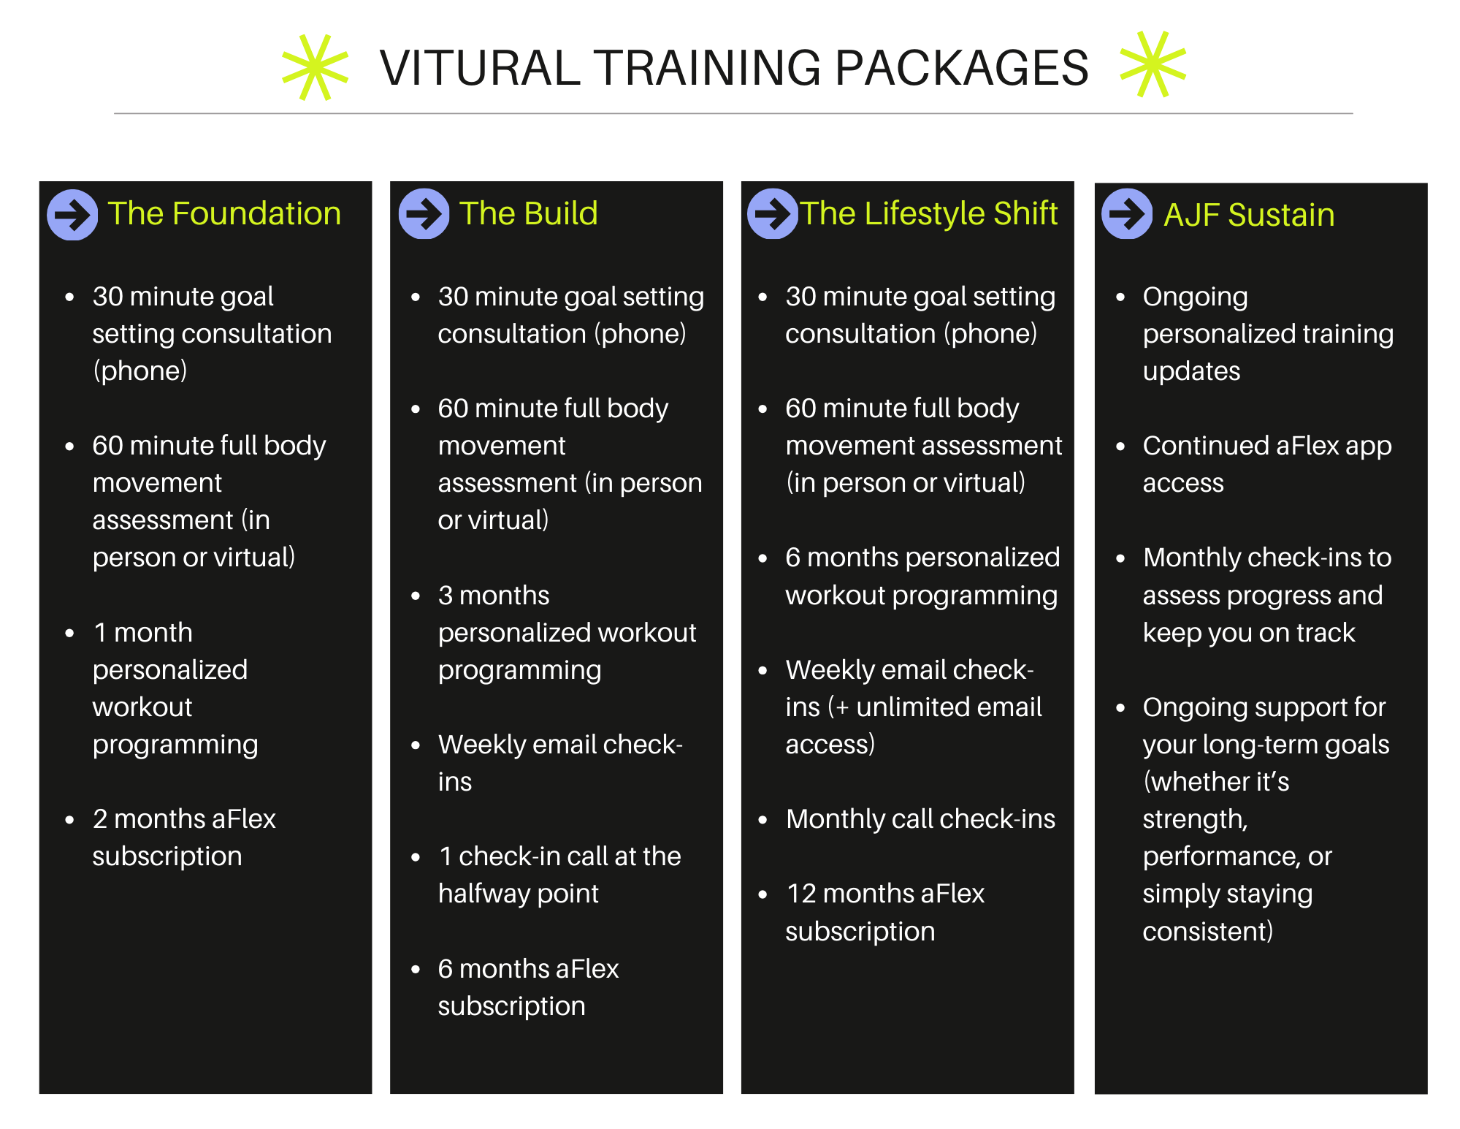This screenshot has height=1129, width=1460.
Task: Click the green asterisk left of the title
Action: [316, 67]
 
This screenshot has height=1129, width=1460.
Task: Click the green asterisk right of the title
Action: [1153, 64]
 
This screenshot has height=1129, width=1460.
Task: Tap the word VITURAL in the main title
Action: [479, 69]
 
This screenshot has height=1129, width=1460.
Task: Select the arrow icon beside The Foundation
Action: [72, 215]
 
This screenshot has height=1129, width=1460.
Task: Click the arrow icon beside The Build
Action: [424, 214]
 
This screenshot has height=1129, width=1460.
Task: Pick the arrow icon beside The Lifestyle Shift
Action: [772, 214]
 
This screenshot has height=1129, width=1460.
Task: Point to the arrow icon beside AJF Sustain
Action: [1127, 214]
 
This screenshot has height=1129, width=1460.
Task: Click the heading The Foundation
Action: [224, 213]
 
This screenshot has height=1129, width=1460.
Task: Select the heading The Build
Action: [528, 213]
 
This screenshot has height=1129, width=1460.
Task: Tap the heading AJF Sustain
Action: [1249, 215]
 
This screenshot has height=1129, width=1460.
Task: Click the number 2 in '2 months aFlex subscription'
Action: [100, 819]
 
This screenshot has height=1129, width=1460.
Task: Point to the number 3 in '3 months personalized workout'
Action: [446, 596]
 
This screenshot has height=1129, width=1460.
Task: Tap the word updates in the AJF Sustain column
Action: [1191, 371]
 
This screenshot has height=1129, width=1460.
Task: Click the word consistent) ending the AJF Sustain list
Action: [1207, 932]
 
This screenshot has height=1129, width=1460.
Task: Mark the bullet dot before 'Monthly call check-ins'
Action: [763, 820]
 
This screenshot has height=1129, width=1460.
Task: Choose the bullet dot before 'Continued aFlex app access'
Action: [1120, 446]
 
